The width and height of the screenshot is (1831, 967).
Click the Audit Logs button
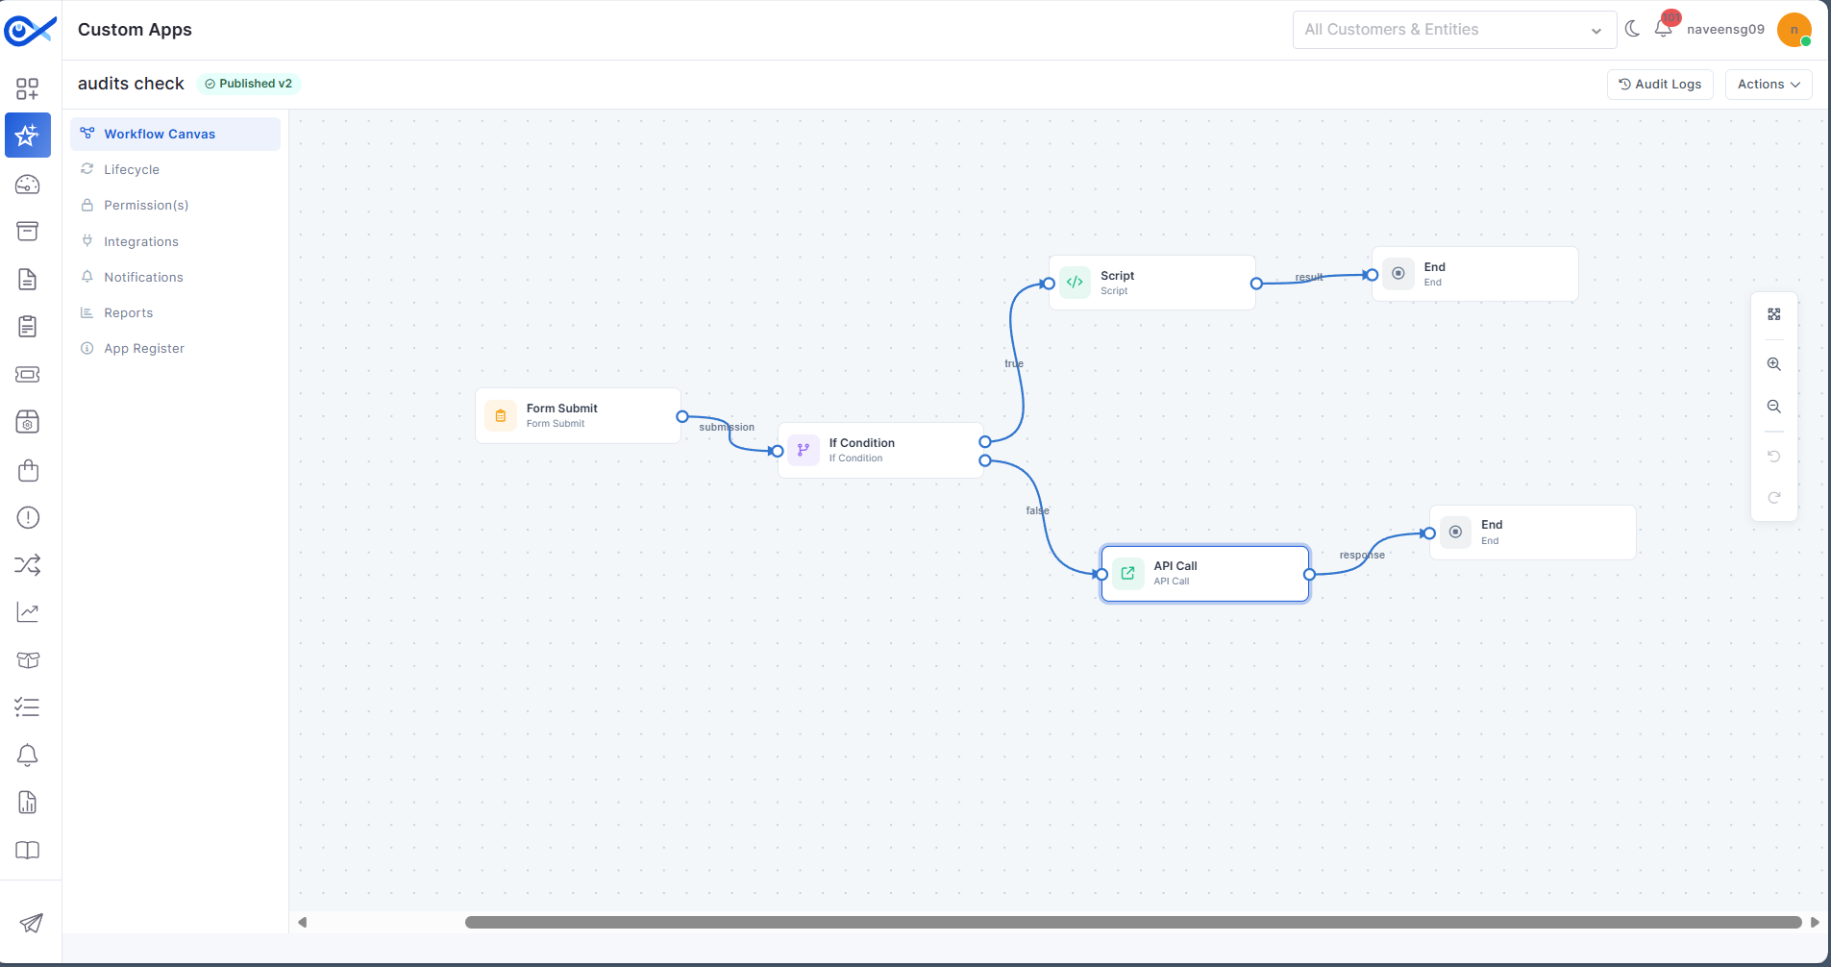(x=1660, y=85)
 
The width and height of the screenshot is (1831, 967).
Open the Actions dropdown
(x=1769, y=85)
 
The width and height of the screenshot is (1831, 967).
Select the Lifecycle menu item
(x=132, y=169)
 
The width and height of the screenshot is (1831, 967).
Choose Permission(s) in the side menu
(x=146, y=205)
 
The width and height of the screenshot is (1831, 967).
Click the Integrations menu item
(x=141, y=241)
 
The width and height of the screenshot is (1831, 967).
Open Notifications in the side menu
(x=143, y=277)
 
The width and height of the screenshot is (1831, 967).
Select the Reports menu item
(x=129, y=312)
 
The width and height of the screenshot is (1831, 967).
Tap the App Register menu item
(x=144, y=348)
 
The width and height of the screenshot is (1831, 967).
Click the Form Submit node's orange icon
(x=501, y=416)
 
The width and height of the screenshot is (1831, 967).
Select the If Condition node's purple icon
(x=804, y=450)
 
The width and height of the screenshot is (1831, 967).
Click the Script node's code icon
(x=1075, y=283)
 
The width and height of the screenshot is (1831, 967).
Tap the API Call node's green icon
(x=1128, y=574)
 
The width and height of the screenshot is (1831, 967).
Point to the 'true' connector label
(x=1014, y=363)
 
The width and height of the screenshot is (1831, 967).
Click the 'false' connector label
(x=1038, y=510)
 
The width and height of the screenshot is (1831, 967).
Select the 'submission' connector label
(x=727, y=427)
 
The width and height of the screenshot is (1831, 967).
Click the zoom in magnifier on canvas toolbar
(x=1774, y=364)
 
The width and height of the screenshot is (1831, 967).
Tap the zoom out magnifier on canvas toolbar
(x=1774, y=407)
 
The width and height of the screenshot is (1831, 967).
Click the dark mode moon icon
(x=1632, y=29)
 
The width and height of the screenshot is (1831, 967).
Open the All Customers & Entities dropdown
(x=1454, y=30)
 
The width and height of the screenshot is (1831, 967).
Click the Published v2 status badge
(x=249, y=84)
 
